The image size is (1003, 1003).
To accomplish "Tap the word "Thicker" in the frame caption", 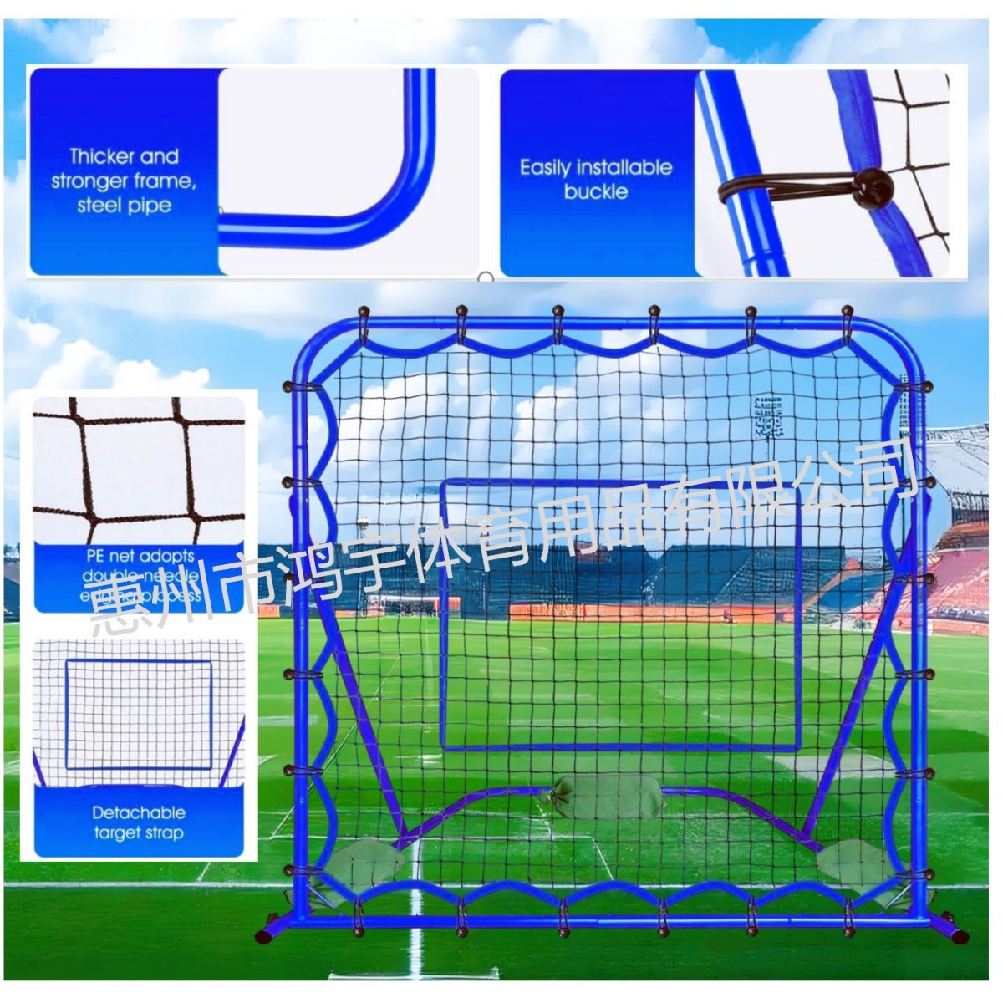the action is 98,157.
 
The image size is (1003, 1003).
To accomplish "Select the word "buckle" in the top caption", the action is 595,191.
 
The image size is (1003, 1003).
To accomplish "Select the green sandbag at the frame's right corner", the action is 853,860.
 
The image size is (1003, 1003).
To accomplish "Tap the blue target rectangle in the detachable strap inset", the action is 139,714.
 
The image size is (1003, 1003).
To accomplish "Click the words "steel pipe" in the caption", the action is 124,206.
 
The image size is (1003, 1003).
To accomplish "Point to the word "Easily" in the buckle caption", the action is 544,168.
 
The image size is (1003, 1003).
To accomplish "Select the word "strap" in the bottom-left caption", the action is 163,832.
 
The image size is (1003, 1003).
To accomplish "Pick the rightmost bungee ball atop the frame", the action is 847,313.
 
